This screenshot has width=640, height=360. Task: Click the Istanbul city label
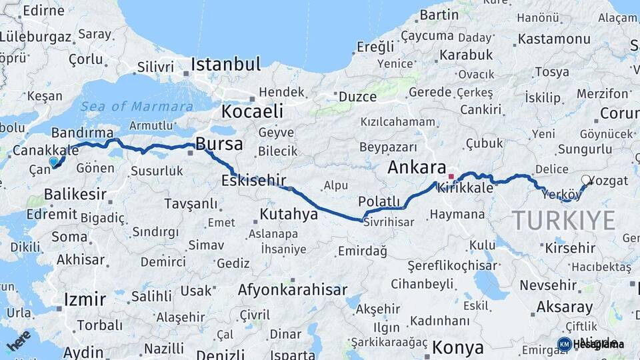(225, 65)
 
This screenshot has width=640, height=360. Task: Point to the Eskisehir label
(254, 181)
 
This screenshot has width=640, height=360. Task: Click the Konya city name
(457, 347)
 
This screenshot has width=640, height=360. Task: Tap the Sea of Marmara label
(137, 107)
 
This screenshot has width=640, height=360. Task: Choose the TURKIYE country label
(563, 221)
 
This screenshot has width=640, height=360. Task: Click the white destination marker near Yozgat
(586, 179)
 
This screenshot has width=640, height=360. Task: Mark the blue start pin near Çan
(54, 161)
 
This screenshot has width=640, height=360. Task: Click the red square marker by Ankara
(451, 177)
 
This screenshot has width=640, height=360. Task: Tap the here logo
(19, 341)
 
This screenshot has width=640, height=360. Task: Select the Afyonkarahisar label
(293, 290)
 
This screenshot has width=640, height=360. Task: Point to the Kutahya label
(289, 215)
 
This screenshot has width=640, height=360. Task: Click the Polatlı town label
(379, 201)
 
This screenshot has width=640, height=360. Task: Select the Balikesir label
(75, 195)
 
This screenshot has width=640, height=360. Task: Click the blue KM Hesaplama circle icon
(564, 344)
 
